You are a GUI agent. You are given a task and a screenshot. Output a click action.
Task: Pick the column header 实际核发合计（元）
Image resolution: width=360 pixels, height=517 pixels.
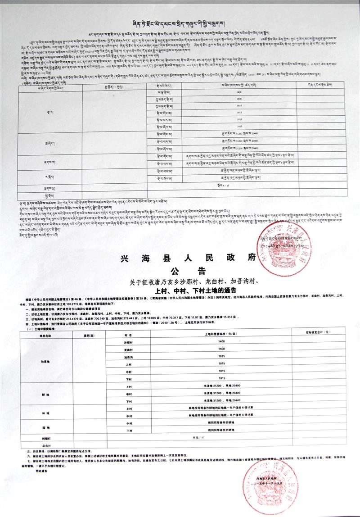tap(318, 332)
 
